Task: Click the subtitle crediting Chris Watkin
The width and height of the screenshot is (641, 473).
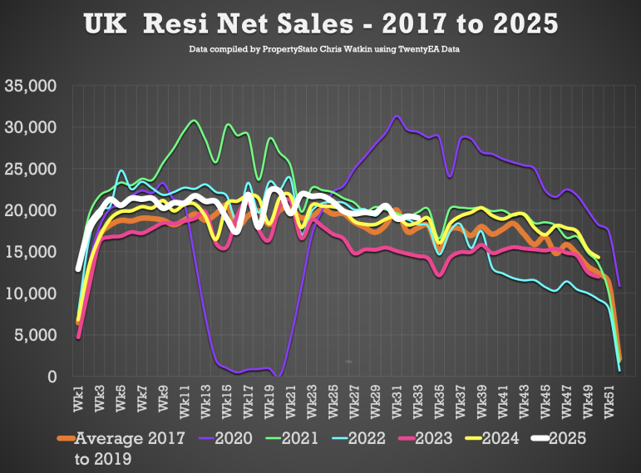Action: pos(325,50)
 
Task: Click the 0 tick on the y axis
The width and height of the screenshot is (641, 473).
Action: pos(51,377)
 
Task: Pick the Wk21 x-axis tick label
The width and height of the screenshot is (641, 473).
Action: pos(289,400)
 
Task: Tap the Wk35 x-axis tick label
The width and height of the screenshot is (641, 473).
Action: pos(440,400)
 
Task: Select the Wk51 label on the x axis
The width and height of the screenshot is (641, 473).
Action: pos(611,400)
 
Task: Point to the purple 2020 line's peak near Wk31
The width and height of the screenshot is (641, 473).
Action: pos(397,116)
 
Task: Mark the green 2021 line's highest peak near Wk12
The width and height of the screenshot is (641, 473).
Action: pos(194,121)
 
